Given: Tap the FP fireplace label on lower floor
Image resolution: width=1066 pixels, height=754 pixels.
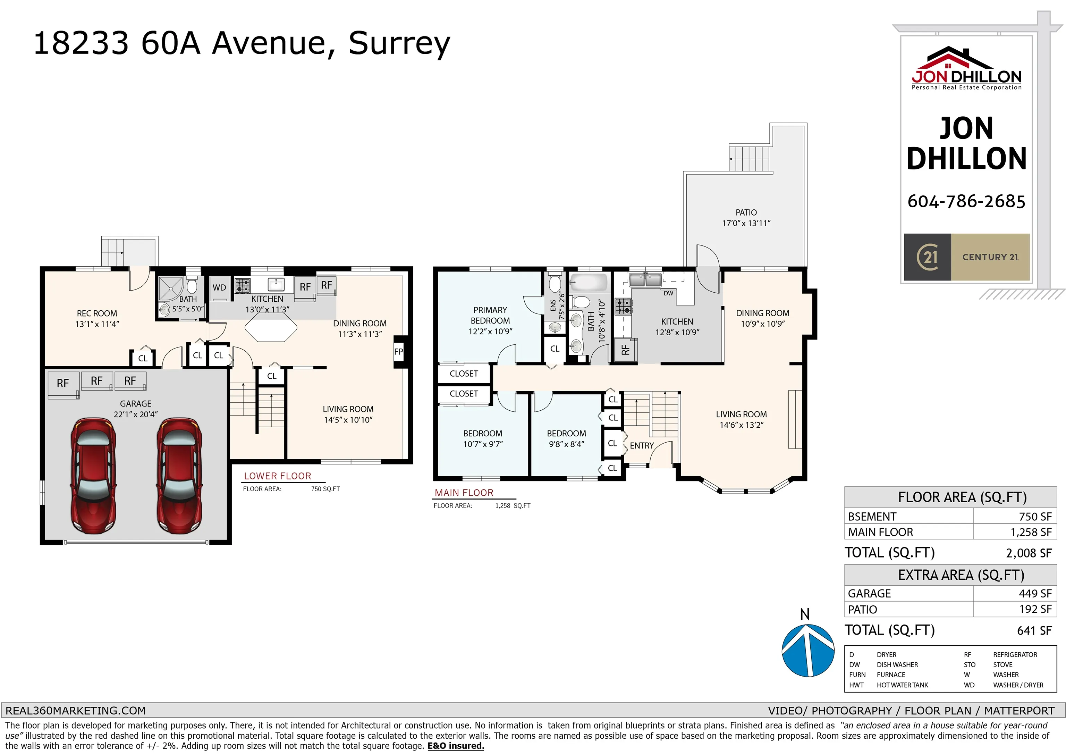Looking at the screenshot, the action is point(398,352).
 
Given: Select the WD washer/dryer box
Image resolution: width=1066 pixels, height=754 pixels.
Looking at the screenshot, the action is point(219,287).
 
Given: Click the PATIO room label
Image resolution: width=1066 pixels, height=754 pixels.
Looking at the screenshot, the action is point(746,212).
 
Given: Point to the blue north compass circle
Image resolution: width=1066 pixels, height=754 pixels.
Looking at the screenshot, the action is point(808,651).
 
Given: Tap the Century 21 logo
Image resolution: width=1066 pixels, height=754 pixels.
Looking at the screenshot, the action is point(967,257).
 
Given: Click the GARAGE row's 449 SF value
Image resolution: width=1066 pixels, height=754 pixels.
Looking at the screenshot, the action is point(1035,594).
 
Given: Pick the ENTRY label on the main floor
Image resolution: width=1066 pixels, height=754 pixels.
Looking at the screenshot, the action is point(642,445).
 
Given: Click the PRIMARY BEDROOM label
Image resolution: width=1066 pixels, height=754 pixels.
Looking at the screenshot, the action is point(490,315).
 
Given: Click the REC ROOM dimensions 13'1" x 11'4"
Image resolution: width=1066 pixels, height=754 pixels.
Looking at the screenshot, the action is point(97,324).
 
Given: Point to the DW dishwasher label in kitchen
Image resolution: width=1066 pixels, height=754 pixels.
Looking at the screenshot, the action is point(668,293).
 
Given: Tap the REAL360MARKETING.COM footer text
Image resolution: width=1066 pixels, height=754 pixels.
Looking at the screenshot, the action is point(76,711).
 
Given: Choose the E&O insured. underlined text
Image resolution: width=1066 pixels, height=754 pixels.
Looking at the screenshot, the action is point(456,746).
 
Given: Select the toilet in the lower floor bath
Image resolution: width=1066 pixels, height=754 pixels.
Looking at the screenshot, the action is point(192,285).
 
